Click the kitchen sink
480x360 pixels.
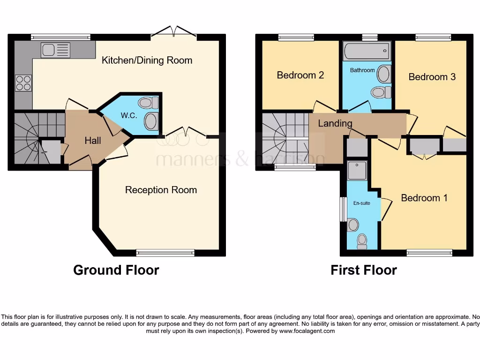55,50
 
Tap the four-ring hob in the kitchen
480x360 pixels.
23,83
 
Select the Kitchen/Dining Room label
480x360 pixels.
147,60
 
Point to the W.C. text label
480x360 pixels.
129,115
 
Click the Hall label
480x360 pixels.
93,140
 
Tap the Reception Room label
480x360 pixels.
161,190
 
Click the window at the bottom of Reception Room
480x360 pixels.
165,253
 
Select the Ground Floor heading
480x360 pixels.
116,270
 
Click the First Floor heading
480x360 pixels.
364,270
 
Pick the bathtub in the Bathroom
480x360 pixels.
367,51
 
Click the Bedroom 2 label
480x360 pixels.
300,75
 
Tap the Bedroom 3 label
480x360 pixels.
432,77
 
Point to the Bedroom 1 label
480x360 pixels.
424,198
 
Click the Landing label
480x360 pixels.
335,123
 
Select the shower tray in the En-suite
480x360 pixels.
357,171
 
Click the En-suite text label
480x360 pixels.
361,203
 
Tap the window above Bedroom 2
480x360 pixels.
296,37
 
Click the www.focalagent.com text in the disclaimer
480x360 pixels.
307,331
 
